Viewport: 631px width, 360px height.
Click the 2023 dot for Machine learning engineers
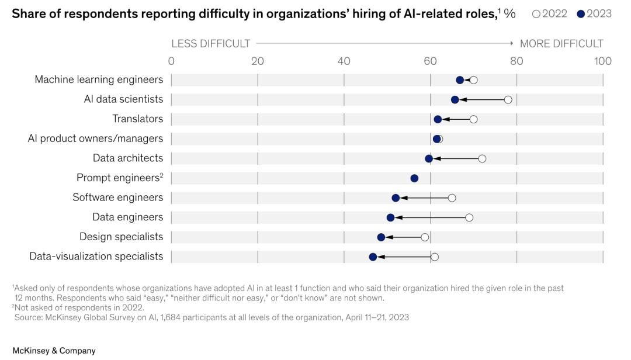(460, 80)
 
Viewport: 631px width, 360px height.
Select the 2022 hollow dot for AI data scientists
(508, 100)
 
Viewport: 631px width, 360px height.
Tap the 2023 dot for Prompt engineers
(414, 178)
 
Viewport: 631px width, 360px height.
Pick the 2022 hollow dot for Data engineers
(469, 217)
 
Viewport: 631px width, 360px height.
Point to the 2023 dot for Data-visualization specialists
(373, 257)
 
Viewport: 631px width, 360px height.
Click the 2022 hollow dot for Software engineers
(452, 198)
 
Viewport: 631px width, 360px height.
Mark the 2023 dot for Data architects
(429, 158)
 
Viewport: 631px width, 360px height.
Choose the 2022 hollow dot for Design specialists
(425, 237)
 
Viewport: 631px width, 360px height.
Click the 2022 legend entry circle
(536, 14)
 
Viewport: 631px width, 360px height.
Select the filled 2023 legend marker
(581, 14)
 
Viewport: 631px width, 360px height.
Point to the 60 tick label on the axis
(430, 61)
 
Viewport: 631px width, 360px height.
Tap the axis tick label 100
(602, 61)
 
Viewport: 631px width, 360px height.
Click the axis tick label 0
(171, 61)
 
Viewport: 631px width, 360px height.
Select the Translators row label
(138, 119)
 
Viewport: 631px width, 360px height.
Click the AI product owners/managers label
(96, 139)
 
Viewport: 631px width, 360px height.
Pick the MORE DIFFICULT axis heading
(561, 44)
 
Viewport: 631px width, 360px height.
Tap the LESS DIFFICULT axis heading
(210, 44)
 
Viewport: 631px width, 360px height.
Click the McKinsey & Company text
(54, 351)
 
